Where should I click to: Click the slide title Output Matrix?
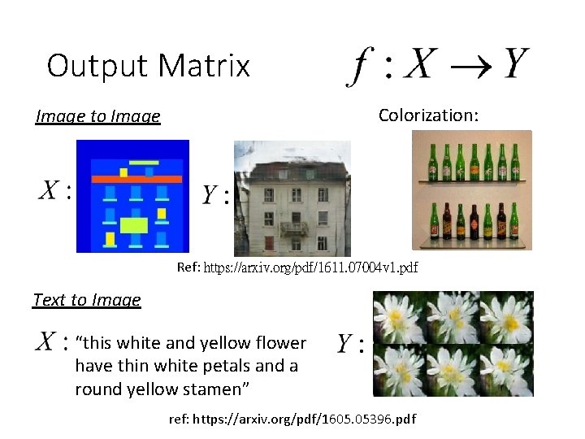coord(148,66)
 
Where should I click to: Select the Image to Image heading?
coord(97,116)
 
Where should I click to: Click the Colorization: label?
coord(428,115)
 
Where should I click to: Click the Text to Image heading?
coord(87,300)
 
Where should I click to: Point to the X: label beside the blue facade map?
coord(54,192)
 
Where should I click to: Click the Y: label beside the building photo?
coord(215,195)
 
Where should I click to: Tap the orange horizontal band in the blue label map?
coord(136,178)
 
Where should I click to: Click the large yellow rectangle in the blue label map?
coord(134,225)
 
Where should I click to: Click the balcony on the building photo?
coord(294,228)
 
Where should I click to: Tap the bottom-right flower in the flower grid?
coord(506,370)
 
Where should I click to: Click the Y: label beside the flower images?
coord(350,345)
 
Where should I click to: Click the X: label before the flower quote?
coord(51,342)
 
